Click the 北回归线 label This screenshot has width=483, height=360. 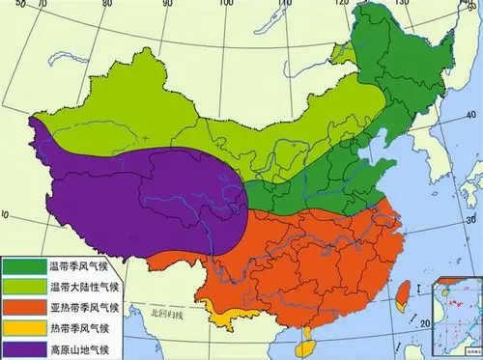pos(170,312)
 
